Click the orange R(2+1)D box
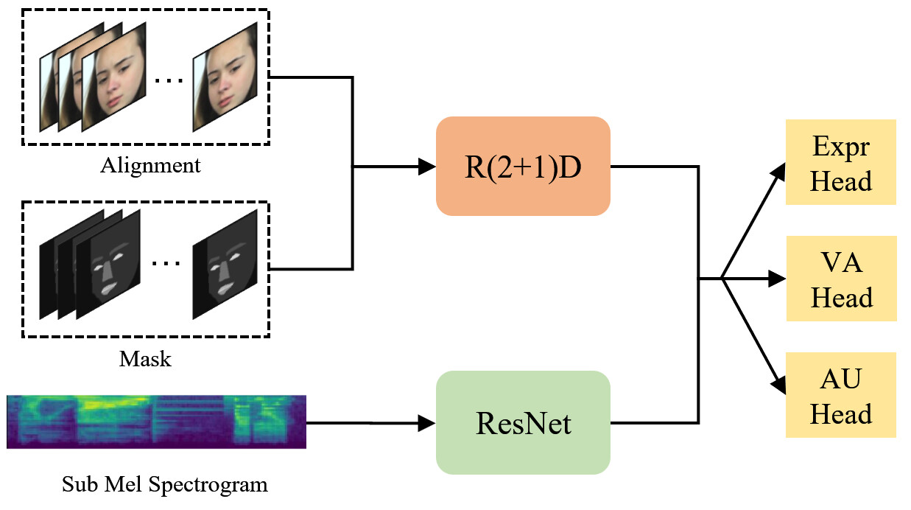pyautogui.click(x=523, y=166)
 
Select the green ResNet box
pyautogui.click(x=523, y=422)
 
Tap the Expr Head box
pyautogui.click(x=840, y=162)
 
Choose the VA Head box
pyautogui.click(x=842, y=279)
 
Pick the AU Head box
pyautogui.click(x=840, y=395)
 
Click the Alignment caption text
pyautogui.click(x=150, y=166)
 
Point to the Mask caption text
pyautogui.click(x=145, y=359)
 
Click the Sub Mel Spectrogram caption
pyautogui.click(x=165, y=485)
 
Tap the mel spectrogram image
pyautogui.click(x=157, y=422)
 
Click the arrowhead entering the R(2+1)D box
pyautogui.click(x=427, y=167)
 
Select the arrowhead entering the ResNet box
pyautogui.click(x=427, y=423)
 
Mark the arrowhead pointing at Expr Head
pyautogui.click(x=779, y=171)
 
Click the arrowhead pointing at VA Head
pyautogui.click(x=777, y=279)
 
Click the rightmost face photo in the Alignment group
pyautogui.click(x=225, y=77)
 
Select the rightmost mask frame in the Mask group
pyautogui.click(x=225, y=264)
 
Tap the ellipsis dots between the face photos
pyautogui.click(x=169, y=80)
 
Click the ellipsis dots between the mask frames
pyautogui.click(x=166, y=263)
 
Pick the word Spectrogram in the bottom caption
pyautogui.click(x=208, y=485)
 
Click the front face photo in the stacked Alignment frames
pyautogui.click(x=114, y=77)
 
